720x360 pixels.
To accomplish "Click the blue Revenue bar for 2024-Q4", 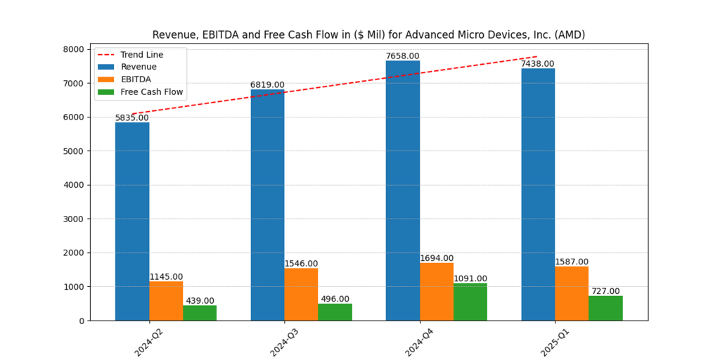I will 403,190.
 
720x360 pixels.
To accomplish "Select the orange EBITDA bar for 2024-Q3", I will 301,294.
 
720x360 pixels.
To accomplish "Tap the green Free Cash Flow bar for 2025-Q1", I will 605,308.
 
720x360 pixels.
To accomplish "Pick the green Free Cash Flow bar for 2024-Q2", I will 200,313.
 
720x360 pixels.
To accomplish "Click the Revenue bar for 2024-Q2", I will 132,221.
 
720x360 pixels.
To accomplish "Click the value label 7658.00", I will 403,56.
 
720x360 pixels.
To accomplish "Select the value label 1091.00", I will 470,278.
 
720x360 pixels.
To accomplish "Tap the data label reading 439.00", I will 200,301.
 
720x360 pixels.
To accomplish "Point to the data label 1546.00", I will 301,264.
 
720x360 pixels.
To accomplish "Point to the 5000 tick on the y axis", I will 94,151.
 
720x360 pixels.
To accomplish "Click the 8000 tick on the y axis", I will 94,49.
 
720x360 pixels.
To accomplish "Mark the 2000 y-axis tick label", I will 94,253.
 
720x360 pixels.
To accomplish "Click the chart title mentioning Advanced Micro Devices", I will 369,34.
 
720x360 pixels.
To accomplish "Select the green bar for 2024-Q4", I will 470,302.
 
